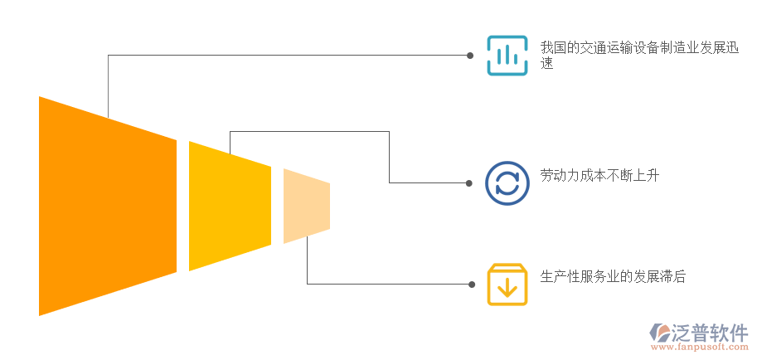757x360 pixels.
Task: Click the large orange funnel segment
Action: tap(108, 206)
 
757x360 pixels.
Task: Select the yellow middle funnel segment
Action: tap(230, 206)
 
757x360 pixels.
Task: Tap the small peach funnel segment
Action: tap(306, 206)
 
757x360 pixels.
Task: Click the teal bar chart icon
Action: tap(507, 56)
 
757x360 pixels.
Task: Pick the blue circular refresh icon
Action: tap(507, 182)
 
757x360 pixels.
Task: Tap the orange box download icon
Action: tap(507, 285)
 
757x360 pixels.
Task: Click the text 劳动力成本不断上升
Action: tap(599, 175)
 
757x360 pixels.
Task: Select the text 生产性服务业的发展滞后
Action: tap(613, 277)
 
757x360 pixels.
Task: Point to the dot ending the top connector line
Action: tap(470, 56)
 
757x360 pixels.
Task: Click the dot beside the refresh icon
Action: tap(470, 182)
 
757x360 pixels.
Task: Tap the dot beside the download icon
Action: tap(471, 285)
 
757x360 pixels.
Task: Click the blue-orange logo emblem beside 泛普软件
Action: tap(662, 333)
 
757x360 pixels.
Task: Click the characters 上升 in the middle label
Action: tap(647, 175)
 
